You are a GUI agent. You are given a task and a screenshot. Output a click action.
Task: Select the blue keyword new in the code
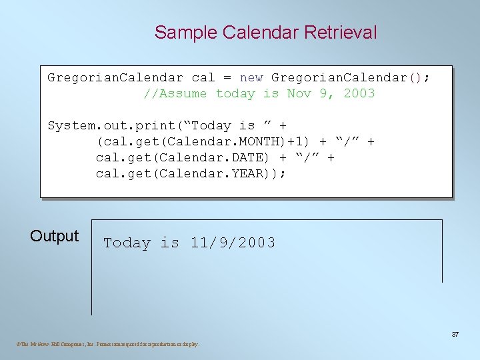pos(251,77)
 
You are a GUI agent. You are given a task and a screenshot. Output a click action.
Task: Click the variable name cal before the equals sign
pos(203,77)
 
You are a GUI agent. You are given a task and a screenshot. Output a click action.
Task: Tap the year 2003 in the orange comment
pos(359,93)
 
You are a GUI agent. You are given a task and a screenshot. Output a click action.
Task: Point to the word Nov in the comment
pos(299,93)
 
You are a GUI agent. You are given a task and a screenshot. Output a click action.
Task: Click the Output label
pos(55,236)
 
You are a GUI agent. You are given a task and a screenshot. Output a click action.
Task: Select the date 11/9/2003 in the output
pos(233,243)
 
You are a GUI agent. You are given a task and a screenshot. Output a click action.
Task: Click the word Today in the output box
pos(127,243)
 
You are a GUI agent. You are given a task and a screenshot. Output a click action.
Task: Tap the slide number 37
pos(455,334)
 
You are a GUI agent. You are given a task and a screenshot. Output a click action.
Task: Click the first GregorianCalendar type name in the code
pos(115,77)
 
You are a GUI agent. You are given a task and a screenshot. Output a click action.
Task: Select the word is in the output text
pos(169,243)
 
